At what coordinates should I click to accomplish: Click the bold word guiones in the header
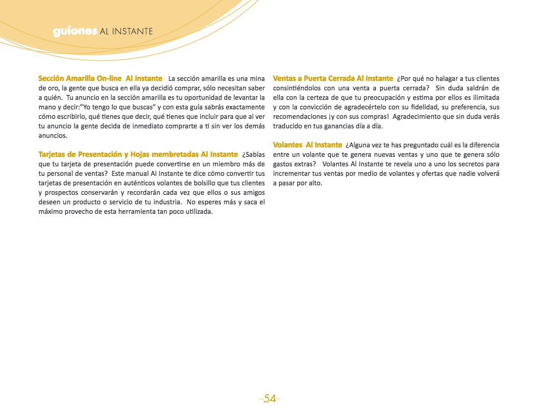click(75, 31)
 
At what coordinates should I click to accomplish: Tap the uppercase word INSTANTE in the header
click(132, 31)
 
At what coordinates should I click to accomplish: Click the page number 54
click(270, 398)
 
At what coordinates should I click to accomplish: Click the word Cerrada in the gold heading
click(339, 78)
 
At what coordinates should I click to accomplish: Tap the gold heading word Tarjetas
click(52, 155)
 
